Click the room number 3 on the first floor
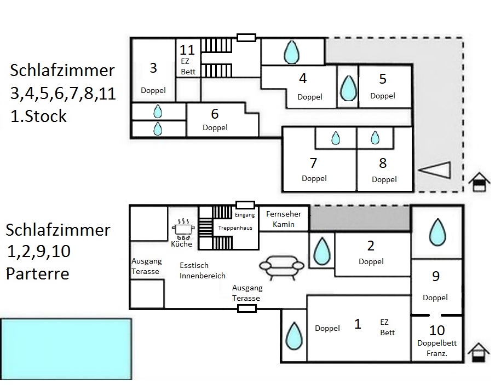coord(153,68)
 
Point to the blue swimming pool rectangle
coord(66,349)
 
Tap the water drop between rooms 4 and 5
coord(347,87)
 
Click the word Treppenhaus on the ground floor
coord(235,227)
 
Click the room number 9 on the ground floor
coord(436,276)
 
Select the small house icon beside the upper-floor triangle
coord(479,182)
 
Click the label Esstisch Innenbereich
coord(202,271)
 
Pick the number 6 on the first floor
coord(215,114)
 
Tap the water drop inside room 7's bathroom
coord(335,138)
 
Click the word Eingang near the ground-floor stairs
coord(245,215)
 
